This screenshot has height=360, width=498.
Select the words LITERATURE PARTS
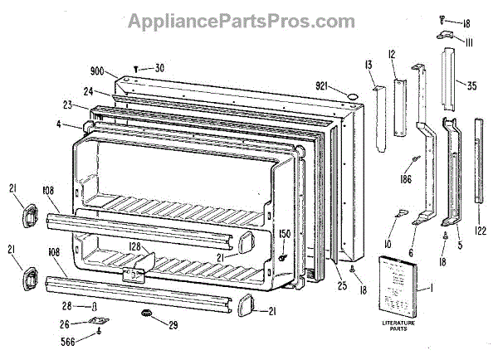[399, 329]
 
